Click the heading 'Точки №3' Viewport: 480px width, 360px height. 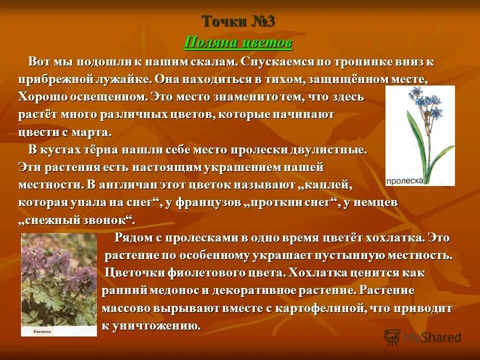point(238,21)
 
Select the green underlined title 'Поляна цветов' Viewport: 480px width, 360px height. point(238,43)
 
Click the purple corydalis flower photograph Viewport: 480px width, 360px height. point(59,280)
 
